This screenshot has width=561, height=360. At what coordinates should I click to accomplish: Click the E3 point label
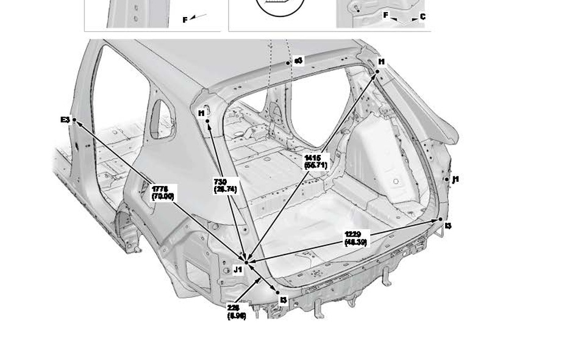coord(65,120)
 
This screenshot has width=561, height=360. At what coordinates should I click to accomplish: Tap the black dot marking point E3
coord(74,120)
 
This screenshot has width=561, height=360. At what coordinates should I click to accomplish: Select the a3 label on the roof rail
coord(298,61)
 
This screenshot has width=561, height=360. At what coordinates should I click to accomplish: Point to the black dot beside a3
coord(288,62)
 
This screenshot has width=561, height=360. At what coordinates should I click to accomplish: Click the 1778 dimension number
coord(160,189)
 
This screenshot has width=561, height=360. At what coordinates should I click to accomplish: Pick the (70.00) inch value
coord(162,196)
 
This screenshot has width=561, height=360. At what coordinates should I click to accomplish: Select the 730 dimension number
coord(220,182)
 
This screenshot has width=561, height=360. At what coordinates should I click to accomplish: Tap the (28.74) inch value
coord(225,189)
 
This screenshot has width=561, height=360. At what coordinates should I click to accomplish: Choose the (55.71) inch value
coord(315,165)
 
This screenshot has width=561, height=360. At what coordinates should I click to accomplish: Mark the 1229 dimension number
coord(353,234)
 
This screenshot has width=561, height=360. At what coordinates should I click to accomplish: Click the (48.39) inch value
coord(356,242)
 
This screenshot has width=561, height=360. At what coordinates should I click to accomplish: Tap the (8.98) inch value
coord(237,316)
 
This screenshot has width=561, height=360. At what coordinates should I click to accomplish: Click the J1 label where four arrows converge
coord(238,269)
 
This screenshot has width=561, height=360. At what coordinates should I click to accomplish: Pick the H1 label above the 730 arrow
coord(202,113)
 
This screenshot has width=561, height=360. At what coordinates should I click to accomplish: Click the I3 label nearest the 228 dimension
coord(284,300)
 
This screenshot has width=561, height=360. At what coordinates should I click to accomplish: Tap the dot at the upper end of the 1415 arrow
coord(377,71)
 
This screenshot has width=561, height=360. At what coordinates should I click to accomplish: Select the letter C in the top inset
coord(423,17)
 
